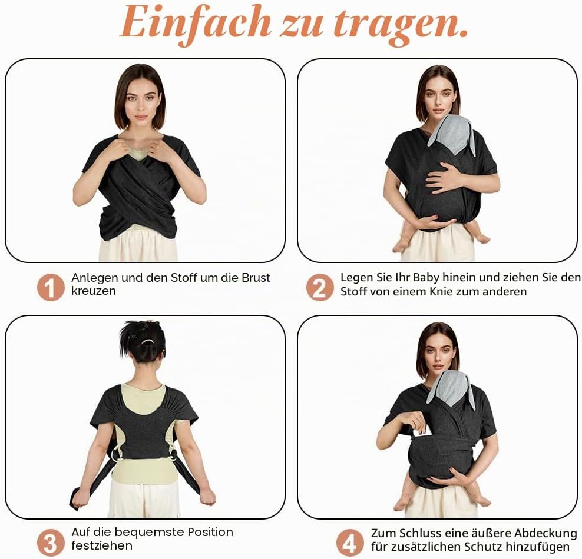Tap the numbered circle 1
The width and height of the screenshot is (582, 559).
[51, 287]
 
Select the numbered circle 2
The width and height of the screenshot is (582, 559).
[320, 287]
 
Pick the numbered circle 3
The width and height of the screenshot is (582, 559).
[51, 543]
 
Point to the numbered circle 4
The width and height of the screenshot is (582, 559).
[350, 543]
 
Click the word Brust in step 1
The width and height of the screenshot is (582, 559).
[256, 278]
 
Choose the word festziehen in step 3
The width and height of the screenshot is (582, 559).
[102, 545]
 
